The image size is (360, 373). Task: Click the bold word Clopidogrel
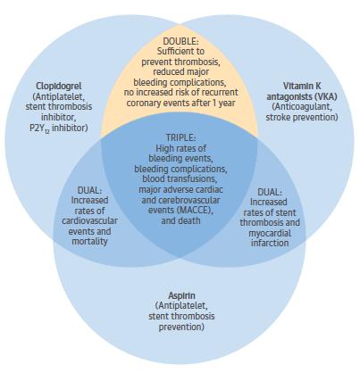pos(59,86)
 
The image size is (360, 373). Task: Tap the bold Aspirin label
pos(181,295)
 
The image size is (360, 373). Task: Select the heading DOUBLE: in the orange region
pos(180,41)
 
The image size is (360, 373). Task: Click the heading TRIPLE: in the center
pos(180,137)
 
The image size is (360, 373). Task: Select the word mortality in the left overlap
pos(89,241)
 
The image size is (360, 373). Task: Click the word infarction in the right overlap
pos(270,243)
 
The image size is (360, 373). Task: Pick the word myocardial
pos(270,233)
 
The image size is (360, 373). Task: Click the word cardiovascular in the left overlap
pos(89,220)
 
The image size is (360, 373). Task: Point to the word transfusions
pos(196,178)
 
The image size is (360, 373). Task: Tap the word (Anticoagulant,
pos(302,107)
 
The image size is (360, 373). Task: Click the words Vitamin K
pos(302,86)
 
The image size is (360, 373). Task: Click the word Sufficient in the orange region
pos(174,51)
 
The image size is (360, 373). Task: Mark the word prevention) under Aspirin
pos(181,327)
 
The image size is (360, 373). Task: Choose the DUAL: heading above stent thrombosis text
pos(270,192)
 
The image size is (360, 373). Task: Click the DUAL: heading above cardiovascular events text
pos(89,190)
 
